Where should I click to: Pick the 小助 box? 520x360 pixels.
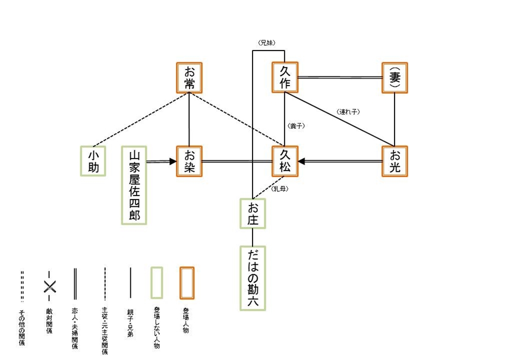click(93, 161)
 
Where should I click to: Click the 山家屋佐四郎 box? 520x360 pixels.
click(134, 185)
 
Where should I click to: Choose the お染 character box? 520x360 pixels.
click(190, 161)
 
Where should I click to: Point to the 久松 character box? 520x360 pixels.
click(285, 161)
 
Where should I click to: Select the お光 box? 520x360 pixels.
click(395, 161)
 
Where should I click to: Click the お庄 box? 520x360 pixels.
click(253, 214)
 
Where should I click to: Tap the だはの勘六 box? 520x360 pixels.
click(253, 277)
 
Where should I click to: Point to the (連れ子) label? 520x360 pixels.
click(348, 111)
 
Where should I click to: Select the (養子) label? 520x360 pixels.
click(295, 127)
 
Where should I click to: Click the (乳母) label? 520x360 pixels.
click(281, 189)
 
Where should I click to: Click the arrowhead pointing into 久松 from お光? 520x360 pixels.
click(302, 161)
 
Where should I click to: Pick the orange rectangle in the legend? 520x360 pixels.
click(187, 283)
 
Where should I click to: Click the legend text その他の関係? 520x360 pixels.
click(22, 327)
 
